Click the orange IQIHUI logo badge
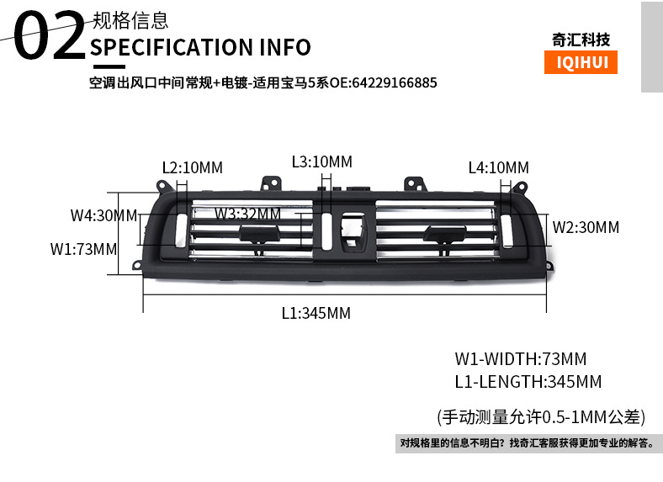581,62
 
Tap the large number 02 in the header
50,35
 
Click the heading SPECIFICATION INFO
200,47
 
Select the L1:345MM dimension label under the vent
316,313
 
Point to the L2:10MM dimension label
193,168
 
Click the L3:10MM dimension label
321,162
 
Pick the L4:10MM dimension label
499,168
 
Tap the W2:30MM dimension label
586,227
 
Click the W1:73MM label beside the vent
84,249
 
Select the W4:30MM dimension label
104,215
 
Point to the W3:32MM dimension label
247,214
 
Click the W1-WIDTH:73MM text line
521,359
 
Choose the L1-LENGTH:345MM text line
528,382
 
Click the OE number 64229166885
394,82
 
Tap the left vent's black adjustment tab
259,233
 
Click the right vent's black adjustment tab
445,234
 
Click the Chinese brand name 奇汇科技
581,40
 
